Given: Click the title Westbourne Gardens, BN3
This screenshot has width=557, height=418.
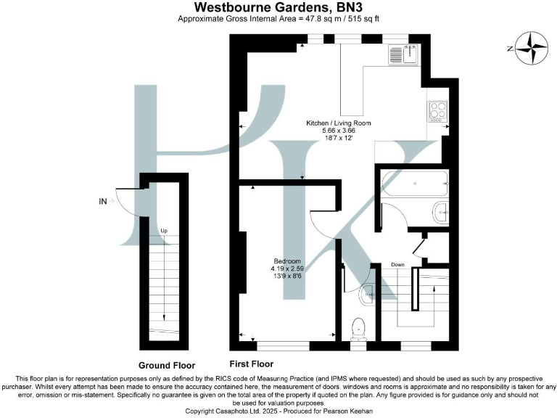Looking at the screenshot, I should [x=278, y=7].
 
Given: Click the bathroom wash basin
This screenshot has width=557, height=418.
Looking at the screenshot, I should [x=441, y=212].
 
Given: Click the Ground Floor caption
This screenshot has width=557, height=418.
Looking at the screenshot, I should [x=167, y=365].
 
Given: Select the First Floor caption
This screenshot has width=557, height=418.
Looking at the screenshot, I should [x=252, y=363].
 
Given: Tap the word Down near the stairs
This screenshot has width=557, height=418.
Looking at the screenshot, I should [x=397, y=264].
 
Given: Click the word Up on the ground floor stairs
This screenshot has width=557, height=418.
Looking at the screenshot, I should [x=164, y=231].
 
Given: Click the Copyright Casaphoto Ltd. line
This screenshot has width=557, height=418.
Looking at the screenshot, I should [x=278, y=411].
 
